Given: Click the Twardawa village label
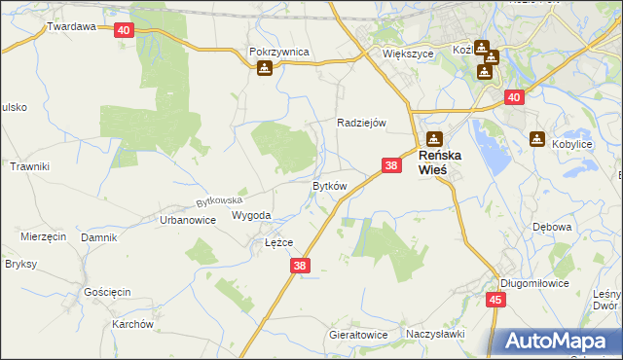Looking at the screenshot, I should [x=71, y=27].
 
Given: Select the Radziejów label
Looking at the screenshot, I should [x=362, y=123].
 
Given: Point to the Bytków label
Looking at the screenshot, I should [x=329, y=185].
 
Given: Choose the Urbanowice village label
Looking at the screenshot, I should [x=187, y=220].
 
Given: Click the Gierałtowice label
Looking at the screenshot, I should [x=357, y=335].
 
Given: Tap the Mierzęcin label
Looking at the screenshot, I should [x=43, y=236].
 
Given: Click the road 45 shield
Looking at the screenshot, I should [x=495, y=300].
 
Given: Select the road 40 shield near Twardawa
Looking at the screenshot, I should [x=123, y=30].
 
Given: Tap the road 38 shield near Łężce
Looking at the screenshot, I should [x=300, y=265].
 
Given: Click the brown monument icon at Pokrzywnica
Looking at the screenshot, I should [x=265, y=68].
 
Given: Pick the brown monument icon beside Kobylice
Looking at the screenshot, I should [x=537, y=139].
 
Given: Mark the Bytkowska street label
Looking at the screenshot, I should [x=218, y=200].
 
